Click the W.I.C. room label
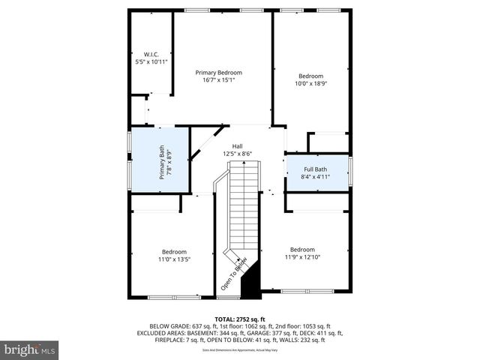(x=151, y=54)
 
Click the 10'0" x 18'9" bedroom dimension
(x=310, y=84)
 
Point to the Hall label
(x=237, y=146)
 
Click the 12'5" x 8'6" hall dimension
(x=237, y=154)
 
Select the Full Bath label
(x=316, y=169)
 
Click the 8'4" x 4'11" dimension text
(x=316, y=177)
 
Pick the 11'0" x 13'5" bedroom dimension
(x=174, y=259)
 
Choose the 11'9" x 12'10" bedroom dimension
(x=302, y=257)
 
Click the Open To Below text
(x=233, y=274)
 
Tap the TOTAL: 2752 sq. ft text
(x=239, y=319)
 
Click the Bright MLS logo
(x=30, y=349)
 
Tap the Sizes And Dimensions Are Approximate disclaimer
(x=239, y=349)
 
